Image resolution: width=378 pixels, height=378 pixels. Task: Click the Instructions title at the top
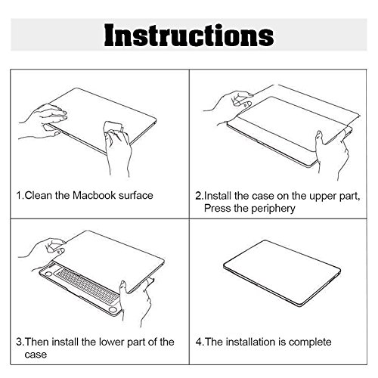tap(189, 35)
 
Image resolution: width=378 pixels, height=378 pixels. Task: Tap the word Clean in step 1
tap(39, 195)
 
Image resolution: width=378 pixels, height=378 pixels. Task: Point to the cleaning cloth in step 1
tap(113, 127)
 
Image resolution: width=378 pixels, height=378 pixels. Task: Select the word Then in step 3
tap(37, 342)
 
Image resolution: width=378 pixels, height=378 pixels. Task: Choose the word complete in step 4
tap(310, 342)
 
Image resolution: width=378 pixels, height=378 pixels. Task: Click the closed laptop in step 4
tap(282, 274)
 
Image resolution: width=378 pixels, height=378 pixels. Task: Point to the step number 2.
tap(198, 197)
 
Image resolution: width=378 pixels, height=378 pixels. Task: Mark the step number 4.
tap(199, 342)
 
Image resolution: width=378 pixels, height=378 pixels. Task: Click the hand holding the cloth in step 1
tap(118, 149)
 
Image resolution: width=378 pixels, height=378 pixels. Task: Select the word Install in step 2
tap(218, 196)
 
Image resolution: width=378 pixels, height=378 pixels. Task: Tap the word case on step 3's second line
tap(36, 355)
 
